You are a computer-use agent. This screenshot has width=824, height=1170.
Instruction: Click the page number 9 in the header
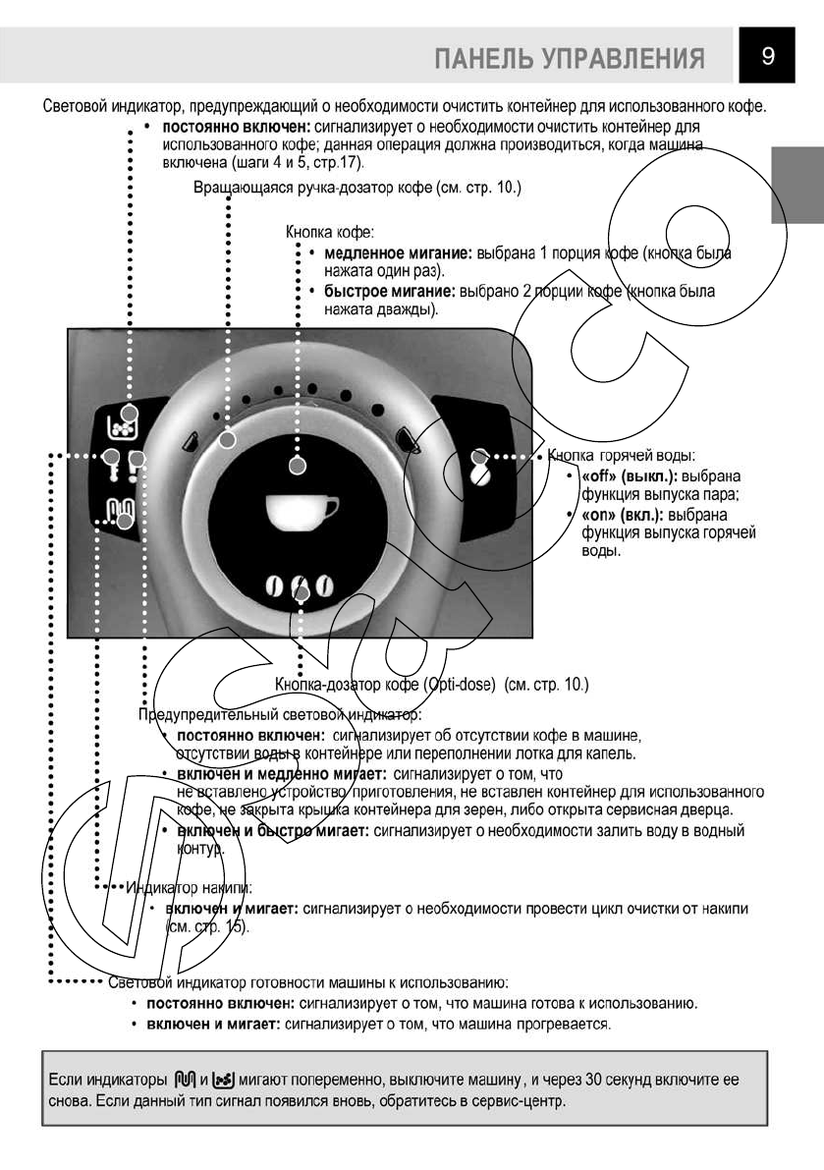(769, 56)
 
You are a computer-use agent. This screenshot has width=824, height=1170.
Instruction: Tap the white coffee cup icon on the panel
(302, 513)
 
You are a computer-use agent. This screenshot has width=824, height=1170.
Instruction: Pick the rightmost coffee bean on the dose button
(324, 588)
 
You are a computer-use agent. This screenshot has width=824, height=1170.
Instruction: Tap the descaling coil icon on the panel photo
(121, 511)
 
